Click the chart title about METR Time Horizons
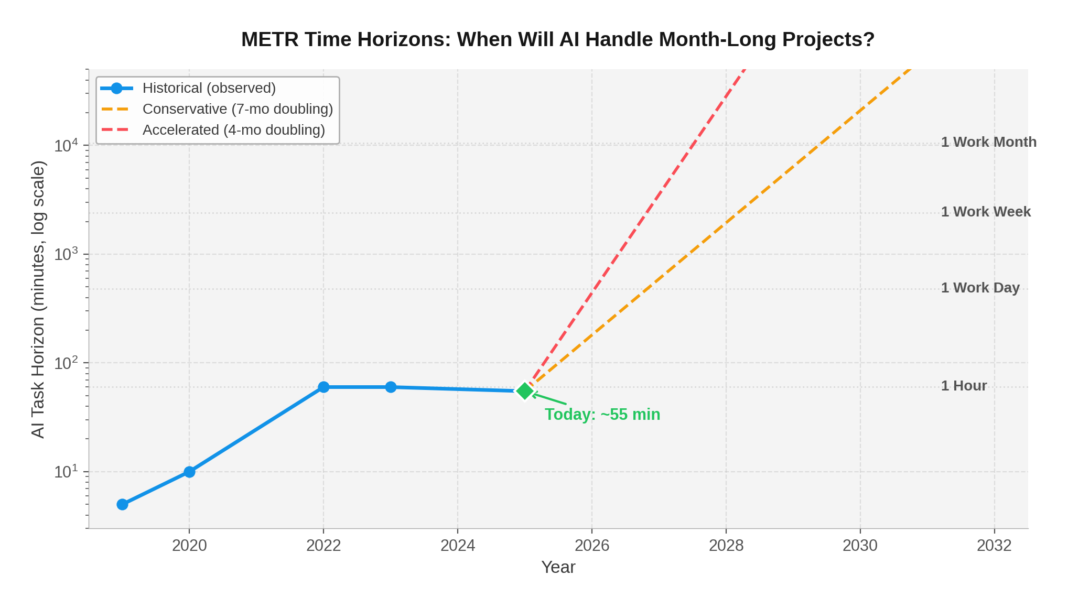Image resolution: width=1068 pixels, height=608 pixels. (558, 40)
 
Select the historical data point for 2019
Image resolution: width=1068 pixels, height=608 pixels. (122, 504)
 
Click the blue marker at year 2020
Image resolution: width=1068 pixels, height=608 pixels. (189, 472)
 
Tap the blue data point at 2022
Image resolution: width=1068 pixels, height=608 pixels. (323, 387)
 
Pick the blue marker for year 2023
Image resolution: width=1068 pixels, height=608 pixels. (391, 387)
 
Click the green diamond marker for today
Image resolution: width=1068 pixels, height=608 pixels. (525, 390)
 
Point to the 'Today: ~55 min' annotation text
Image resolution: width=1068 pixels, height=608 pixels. (602, 415)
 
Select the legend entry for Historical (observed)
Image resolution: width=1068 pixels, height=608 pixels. (209, 88)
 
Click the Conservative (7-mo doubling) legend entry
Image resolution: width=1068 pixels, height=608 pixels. (238, 109)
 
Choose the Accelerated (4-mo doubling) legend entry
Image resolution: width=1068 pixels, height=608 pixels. (233, 130)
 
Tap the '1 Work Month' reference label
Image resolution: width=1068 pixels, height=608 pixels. (988, 142)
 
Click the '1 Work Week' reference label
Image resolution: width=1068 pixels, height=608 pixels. (986, 212)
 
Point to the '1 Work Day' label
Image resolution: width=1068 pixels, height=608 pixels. (980, 288)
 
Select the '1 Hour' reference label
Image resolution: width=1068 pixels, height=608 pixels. (964, 386)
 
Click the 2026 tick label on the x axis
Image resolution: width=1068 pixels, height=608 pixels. (592, 546)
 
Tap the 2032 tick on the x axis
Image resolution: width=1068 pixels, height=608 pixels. (994, 546)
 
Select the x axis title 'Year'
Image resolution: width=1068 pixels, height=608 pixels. (558, 567)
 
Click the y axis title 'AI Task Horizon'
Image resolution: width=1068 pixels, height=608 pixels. (38, 299)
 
